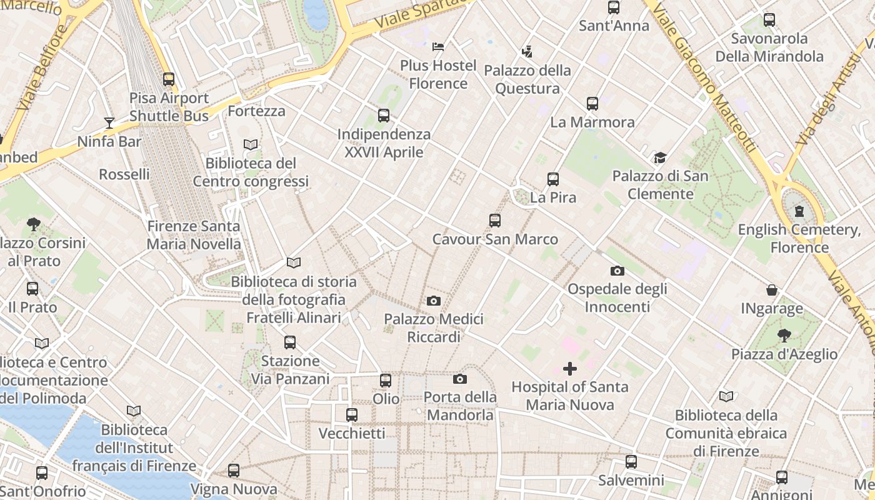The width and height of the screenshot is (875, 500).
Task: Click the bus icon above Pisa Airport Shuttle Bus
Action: click(169, 79)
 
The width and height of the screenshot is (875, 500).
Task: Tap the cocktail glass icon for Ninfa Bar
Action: click(109, 122)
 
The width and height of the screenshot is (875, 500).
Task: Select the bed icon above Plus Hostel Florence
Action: click(438, 46)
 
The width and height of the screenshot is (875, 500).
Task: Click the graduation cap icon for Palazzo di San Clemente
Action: click(660, 157)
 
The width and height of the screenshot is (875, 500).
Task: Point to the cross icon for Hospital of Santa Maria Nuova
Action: click(570, 368)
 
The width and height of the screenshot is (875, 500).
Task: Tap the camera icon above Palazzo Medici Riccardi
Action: click(433, 301)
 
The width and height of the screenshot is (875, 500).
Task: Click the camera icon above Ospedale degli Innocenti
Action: click(617, 270)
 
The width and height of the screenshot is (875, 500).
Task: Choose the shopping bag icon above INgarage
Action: click(772, 290)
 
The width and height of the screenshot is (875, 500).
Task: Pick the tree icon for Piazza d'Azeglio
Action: click(784, 336)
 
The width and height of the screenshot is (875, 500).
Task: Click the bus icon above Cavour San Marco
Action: click(495, 220)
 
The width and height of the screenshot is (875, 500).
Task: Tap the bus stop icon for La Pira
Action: click(552, 179)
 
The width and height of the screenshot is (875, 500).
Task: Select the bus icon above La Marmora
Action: click(592, 103)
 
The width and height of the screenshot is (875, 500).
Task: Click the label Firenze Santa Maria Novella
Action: click(194, 235)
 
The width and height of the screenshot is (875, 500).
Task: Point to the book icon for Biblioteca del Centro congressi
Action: click(251, 144)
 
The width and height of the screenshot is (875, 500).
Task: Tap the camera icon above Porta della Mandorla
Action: click(459, 379)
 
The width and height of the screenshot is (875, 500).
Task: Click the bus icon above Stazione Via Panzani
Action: click(290, 342)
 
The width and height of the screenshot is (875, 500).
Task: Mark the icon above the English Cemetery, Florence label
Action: click(799, 211)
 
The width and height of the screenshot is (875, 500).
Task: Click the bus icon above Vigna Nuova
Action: click(234, 470)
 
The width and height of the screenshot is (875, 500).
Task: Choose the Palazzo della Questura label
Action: click(527, 79)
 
